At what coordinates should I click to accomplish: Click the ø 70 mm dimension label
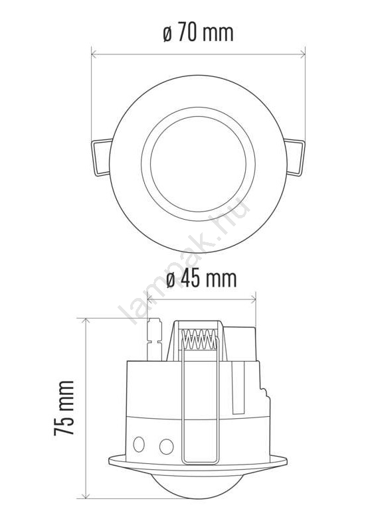click(x=198, y=33)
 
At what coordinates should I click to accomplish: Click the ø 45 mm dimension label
click(x=201, y=279)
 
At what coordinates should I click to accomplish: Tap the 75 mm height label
click(x=64, y=408)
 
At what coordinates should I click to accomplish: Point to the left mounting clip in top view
click(x=102, y=157)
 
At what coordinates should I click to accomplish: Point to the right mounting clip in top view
click(x=294, y=157)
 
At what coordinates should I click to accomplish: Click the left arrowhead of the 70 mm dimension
click(x=94, y=54)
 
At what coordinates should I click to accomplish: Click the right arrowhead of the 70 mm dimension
click(x=302, y=54)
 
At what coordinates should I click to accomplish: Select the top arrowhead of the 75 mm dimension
click(x=86, y=321)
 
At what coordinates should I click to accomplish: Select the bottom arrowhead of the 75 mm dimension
click(x=86, y=494)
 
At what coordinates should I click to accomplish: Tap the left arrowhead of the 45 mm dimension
click(x=150, y=299)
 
